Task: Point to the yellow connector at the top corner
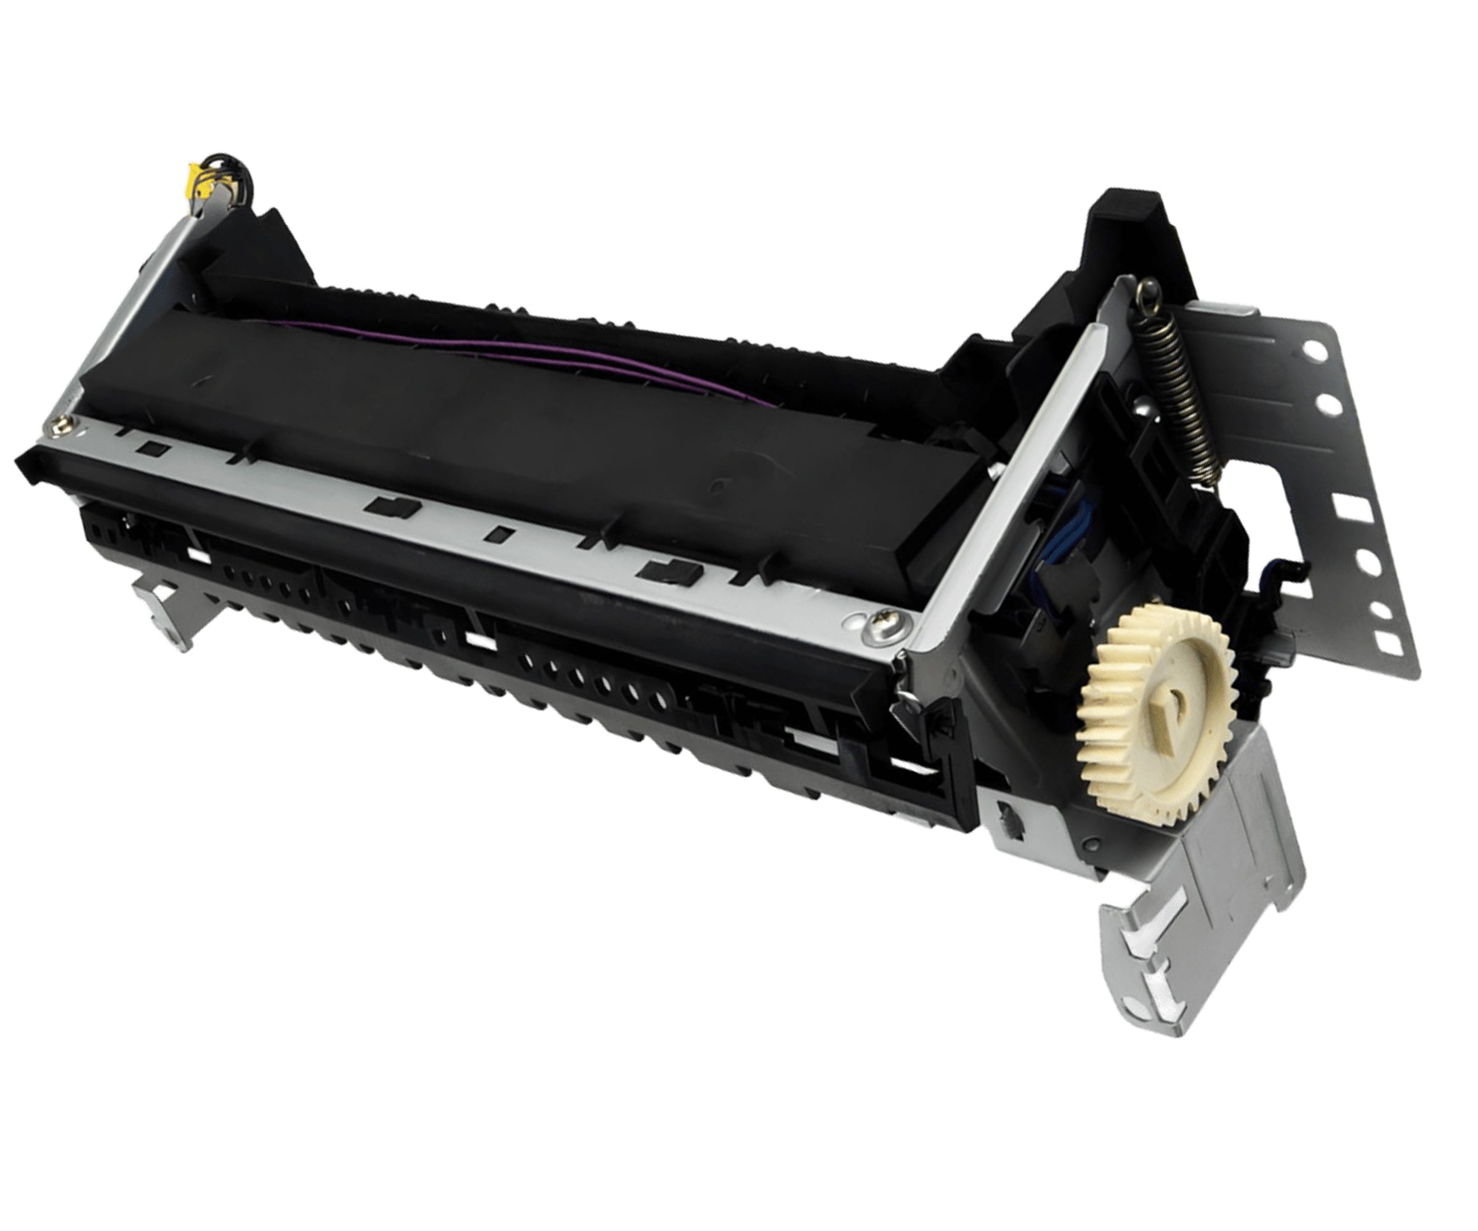pos(194,190)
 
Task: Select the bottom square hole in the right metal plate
pos(1384,640)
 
